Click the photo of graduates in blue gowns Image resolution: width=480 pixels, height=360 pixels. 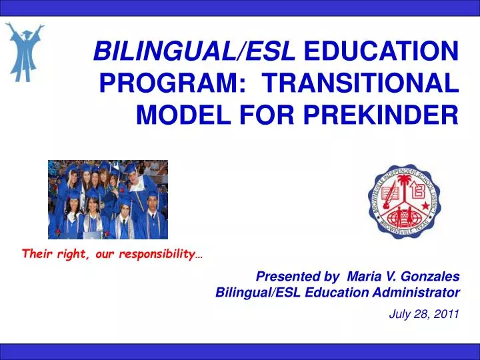click(x=108, y=199)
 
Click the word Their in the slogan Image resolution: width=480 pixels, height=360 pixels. click(x=37, y=254)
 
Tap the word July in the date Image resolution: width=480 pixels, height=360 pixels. click(x=400, y=315)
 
